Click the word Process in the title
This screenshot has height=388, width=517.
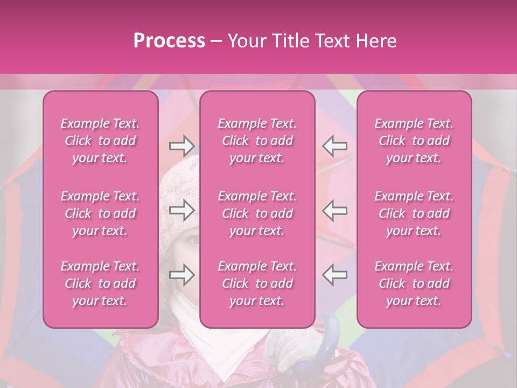(169, 41)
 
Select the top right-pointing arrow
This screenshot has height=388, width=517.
(182, 145)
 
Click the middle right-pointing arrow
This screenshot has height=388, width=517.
(182, 210)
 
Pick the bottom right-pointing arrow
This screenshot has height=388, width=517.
(182, 275)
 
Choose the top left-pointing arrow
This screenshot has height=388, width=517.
(334, 145)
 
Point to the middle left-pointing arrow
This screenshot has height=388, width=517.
(334, 210)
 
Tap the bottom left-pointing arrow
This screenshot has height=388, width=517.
(334, 274)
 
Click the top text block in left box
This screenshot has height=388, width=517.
(100, 141)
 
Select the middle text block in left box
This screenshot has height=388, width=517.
(100, 213)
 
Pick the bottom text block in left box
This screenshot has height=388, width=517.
(100, 283)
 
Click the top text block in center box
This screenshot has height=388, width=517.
(257, 141)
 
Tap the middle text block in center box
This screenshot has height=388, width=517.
(257, 213)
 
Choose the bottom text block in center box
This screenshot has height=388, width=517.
(257, 283)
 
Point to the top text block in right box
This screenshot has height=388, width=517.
(414, 141)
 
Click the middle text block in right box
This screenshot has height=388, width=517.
(414, 213)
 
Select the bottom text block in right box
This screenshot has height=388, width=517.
(414, 283)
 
